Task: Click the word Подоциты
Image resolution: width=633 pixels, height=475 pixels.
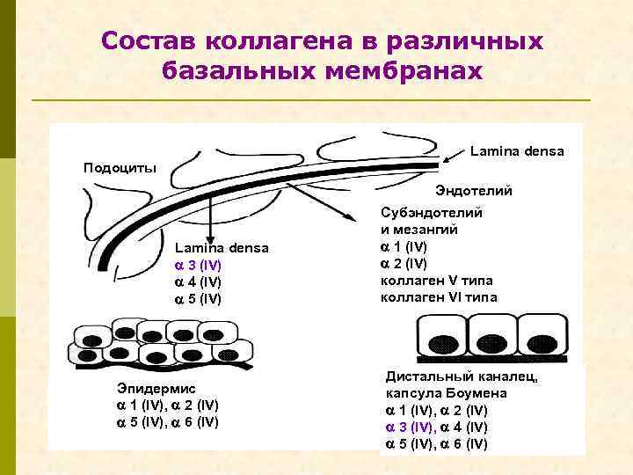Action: tap(119, 167)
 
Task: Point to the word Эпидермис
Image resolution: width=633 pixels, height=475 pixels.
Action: tap(156, 387)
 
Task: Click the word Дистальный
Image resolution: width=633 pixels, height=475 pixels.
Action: tap(426, 376)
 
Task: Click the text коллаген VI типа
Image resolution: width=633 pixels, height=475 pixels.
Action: tap(438, 297)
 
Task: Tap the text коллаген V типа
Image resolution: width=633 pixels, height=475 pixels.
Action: tap(436, 281)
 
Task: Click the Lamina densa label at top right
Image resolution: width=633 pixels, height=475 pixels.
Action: tap(516, 151)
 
